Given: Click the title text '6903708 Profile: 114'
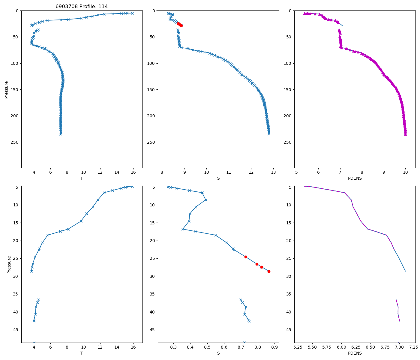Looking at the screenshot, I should click(x=82, y=7).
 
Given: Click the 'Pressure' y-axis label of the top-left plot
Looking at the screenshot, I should click(x=7, y=89).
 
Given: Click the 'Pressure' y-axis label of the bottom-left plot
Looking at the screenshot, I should click(x=9, y=264).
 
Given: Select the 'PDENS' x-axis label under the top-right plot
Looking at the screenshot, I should click(x=355, y=178).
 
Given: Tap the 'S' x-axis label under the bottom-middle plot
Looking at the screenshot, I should click(x=218, y=353).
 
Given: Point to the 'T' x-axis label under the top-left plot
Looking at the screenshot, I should click(x=82, y=178).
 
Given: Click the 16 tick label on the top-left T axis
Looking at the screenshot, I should click(x=133, y=172).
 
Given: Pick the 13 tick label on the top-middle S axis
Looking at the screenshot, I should click(x=273, y=172).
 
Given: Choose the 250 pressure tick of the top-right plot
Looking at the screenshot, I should click(x=288, y=142).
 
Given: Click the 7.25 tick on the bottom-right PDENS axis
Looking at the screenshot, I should click(x=414, y=347).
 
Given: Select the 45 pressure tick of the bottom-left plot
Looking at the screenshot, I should click(x=16, y=330).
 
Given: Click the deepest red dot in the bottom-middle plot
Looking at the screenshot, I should click(x=269, y=271).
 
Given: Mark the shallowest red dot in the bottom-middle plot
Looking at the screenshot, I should click(x=246, y=257).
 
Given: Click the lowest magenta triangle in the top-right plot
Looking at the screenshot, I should click(x=405, y=134).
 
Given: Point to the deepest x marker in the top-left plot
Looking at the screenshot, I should click(x=61, y=134).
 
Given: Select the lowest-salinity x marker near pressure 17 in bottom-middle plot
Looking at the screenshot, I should click(x=183, y=229).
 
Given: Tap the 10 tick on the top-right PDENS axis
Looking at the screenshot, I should click(x=405, y=172).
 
